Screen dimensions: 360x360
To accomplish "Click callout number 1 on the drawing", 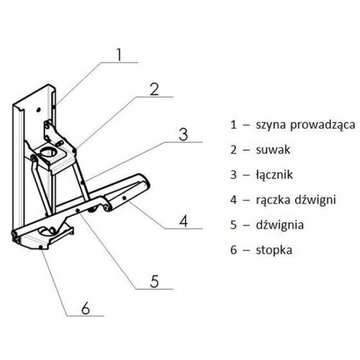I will coord(119,55).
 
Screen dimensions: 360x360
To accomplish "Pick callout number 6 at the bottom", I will coord(85,308).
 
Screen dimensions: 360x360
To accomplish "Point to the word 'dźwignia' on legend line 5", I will coord(279,226).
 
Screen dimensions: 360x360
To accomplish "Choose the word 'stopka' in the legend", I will coord(274,250).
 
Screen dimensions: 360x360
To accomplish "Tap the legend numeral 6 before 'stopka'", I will coord(234,250).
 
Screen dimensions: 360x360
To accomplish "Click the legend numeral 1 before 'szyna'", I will coord(234,125).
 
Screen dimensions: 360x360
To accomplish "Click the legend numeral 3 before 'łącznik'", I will coord(234,175).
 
